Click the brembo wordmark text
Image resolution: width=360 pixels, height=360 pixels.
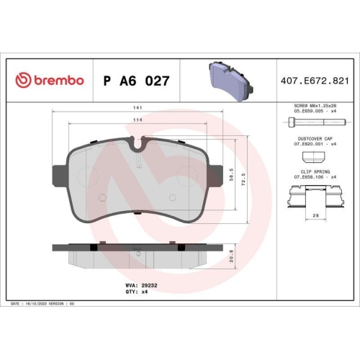pos(58,81)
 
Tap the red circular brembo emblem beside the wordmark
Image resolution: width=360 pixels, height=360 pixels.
pos(21,81)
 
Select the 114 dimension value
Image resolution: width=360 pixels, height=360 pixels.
pos(136,120)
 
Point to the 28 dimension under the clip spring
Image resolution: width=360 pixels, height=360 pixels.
pos(315,215)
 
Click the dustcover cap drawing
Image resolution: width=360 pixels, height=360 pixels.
pos(314,154)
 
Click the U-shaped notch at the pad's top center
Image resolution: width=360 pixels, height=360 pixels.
pos(136,144)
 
